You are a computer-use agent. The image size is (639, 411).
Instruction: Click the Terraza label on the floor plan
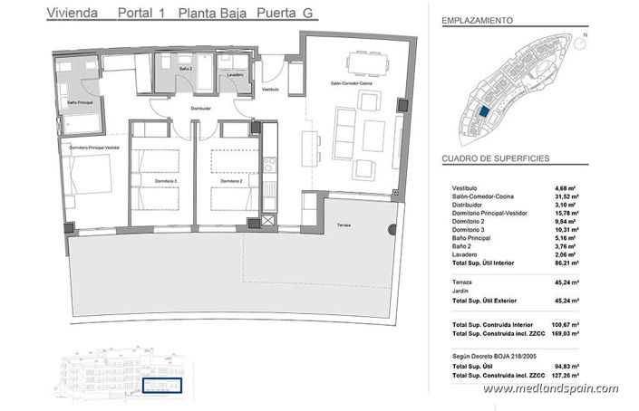point(342,225)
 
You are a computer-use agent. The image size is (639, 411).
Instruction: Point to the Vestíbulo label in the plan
point(270,91)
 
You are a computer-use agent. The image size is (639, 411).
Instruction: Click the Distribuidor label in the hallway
point(200,109)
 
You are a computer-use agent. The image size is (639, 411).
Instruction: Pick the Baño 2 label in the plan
point(185,69)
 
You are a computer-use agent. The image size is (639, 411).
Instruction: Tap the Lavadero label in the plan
point(236,74)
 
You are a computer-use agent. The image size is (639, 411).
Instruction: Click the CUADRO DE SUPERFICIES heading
point(495,158)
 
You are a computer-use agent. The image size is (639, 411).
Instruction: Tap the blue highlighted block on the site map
point(484,111)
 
